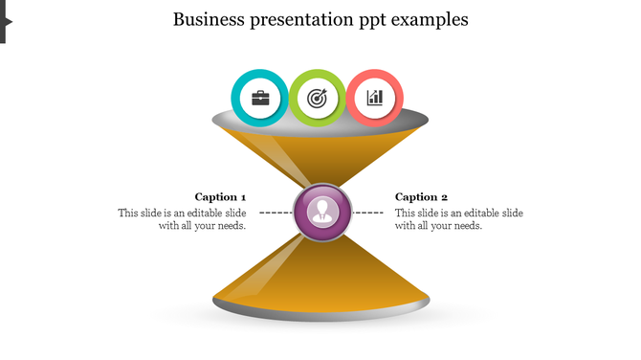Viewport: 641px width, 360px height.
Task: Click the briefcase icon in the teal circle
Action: pos(259,98)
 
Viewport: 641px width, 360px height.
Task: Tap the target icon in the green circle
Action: pos(318,98)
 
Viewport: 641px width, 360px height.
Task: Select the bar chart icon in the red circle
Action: pos(375,98)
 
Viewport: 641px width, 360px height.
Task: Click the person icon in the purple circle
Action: pos(322,212)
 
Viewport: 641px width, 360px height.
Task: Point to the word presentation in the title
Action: pos(302,19)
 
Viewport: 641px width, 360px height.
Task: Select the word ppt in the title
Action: pos(379,20)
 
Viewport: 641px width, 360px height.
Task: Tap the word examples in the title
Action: pos(434,19)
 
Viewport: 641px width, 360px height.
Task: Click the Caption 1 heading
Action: pos(220,196)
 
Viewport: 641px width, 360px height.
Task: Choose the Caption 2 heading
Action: pos(421,196)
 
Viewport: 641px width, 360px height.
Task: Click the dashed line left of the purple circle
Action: pos(276,212)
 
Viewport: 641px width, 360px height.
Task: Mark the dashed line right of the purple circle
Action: pos(368,212)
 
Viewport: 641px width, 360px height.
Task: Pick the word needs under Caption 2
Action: pos(465,226)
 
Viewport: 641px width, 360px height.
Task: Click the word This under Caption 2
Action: pos(406,213)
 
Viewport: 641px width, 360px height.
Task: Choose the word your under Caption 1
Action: pos(208,226)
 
